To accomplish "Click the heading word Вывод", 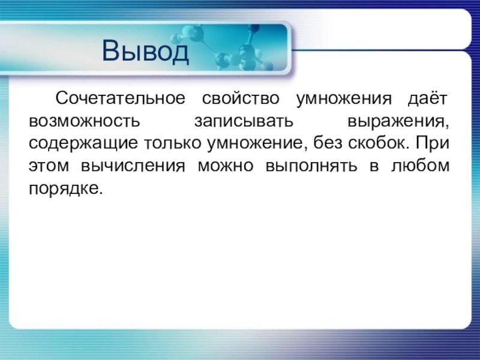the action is (x=145, y=51).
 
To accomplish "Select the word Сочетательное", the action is (x=121, y=98).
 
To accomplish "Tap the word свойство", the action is (x=241, y=98).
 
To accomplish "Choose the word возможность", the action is (x=84, y=121).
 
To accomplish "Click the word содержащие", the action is (x=83, y=144).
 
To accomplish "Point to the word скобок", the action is (x=378, y=143).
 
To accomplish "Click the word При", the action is (x=432, y=142).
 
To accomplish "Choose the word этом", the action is (x=49, y=166).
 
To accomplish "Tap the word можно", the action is (x=226, y=166).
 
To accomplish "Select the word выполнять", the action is (x=311, y=166).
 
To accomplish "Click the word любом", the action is (x=420, y=165).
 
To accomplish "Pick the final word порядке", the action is (x=65, y=188).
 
